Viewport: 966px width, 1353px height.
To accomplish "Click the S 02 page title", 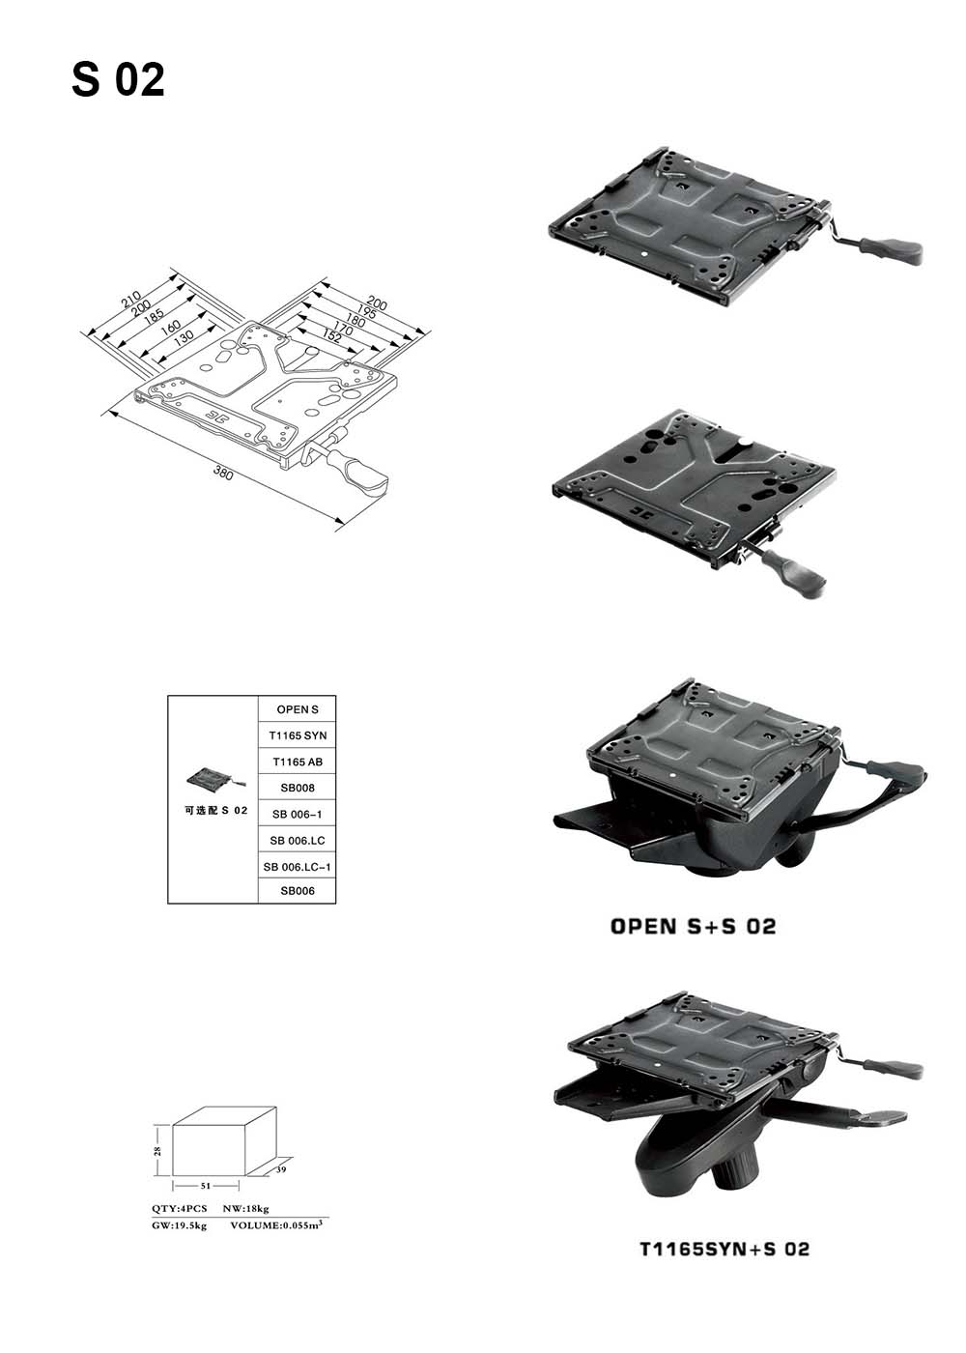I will (x=118, y=80).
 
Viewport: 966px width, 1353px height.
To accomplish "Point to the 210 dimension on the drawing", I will (x=131, y=302).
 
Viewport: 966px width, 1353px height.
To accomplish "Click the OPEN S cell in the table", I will (x=298, y=710).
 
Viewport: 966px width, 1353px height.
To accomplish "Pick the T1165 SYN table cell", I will (x=298, y=736).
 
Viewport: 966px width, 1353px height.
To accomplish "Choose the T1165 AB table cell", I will (x=298, y=763).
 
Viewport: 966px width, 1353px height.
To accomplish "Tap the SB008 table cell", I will (x=298, y=789).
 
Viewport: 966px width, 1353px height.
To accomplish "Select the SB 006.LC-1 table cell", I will (x=298, y=867).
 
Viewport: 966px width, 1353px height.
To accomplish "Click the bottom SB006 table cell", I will (x=298, y=891).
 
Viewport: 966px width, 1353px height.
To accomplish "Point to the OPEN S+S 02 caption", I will (x=693, y=927).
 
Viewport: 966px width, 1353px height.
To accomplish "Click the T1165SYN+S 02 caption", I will (x=724, y=1249).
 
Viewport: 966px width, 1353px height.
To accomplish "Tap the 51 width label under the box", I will (x=206, y=1184).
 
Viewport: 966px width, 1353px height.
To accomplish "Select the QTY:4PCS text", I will (x=179, y=1209).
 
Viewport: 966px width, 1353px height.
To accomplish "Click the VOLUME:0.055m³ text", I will (x=275, y=1225).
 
